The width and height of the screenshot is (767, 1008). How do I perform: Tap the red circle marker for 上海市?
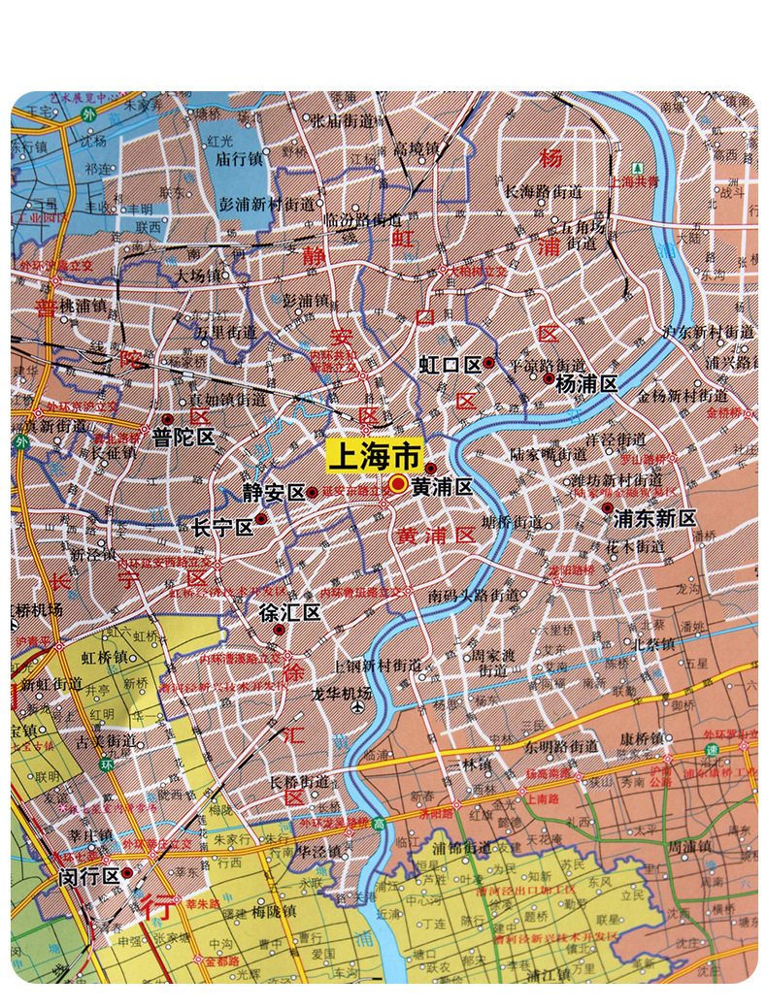(x=398, y=485)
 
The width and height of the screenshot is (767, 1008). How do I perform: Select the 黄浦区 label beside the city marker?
(x=442, y=488)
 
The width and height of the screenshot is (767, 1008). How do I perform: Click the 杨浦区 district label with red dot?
(x=586, y=383)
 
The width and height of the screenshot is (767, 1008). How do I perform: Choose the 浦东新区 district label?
(x=655, y=518)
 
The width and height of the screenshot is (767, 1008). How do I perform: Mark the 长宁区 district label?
(x=222, y=527)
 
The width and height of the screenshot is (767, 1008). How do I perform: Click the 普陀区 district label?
(x=183, y=438)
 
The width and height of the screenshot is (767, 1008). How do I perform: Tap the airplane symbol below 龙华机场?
(x=360, y=707)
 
